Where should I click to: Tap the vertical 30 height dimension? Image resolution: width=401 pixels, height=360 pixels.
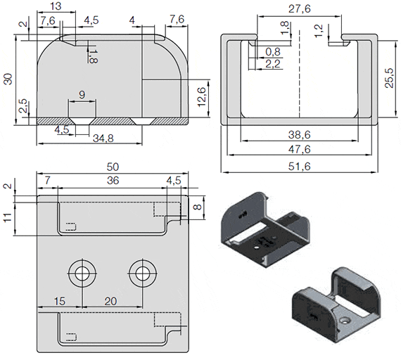(8, 78)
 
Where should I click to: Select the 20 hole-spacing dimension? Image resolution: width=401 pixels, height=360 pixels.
(110, 300)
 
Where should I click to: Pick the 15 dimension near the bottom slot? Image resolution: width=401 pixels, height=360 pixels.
(60, 300)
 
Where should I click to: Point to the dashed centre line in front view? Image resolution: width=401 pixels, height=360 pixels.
(300, 77)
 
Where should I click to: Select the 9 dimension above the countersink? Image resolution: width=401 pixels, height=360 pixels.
(82, 94)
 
